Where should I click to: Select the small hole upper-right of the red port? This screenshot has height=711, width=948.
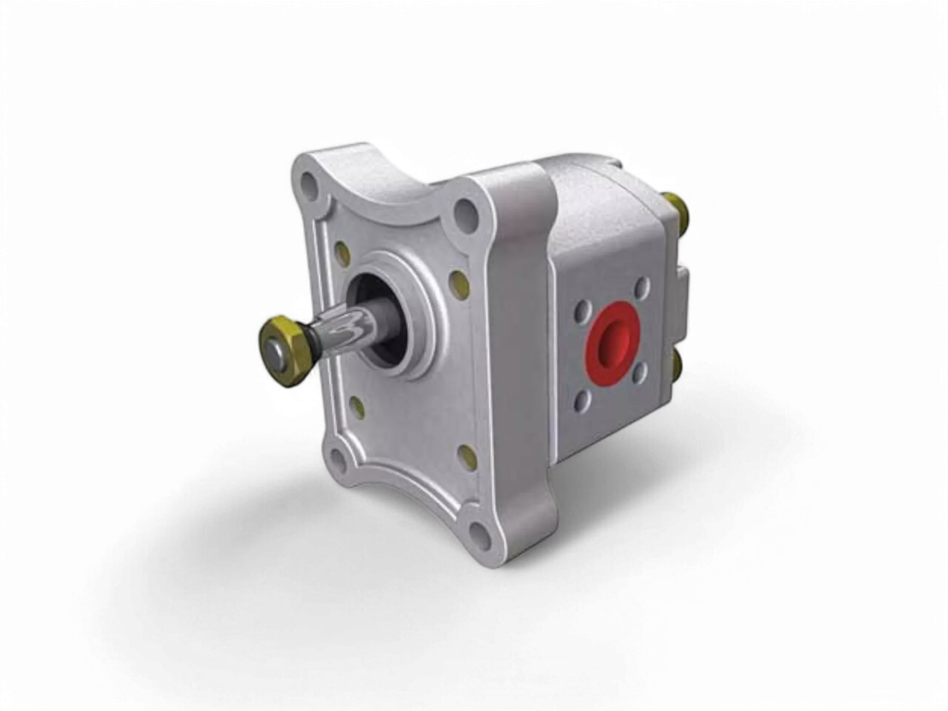(x=642, y=286)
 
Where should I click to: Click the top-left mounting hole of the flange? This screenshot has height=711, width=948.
(x=310, y=184)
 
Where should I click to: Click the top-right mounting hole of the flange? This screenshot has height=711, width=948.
(x=466, y=213)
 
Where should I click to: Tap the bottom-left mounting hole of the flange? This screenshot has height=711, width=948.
(x=338, y=458)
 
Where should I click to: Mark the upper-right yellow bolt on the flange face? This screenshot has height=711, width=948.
(x=458, y=285)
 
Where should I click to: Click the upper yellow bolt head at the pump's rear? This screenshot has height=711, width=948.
(x=680, y=207)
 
